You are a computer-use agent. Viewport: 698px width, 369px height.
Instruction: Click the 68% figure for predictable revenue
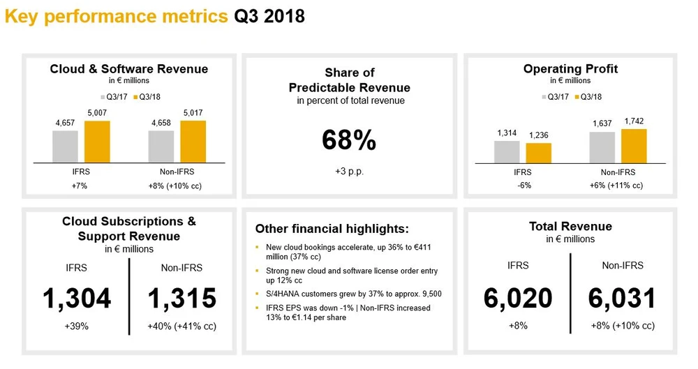pyautogui.click(x=349, y=140)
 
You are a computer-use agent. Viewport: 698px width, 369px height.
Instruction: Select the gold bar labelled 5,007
pyautogui.click(x=97, y=142)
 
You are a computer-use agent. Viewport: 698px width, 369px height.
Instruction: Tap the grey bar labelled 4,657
pyautogui.click(x=65, y=146)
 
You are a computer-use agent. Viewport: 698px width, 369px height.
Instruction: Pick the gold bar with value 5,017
pyautogui.click(x=193, y=142)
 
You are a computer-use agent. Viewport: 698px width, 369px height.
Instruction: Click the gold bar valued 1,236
pyautogui.click(x=539, y=153)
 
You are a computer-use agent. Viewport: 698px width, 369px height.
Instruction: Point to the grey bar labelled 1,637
pyautogui.click(x=602, y=147)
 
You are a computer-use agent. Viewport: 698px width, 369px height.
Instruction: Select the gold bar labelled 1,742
pyautogui.click(x=634, y=146)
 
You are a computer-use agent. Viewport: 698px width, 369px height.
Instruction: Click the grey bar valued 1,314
pyautogui.click(x=507, y=152)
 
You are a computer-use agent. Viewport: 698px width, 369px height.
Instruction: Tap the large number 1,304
pyautogui.click(x=77, y=299)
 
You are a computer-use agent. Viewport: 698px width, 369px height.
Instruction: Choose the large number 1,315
pyautogui.click(x=181, y=299)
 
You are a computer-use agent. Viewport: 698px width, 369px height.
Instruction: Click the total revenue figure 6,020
pyautogui.click(x=518, y=299)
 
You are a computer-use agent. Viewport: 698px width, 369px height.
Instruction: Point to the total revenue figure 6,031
pyautogui.click(x=623, y=299)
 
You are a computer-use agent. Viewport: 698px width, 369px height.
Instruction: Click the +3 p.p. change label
pyautogui.click(x=350, y=172)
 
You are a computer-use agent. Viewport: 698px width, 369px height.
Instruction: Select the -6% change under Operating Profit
pyautogui.click(x=524, y=185)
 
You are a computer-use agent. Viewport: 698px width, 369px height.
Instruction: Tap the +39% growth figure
pyautogui.click(x=77, y=326)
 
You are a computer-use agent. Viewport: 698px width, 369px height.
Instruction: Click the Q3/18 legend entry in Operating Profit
pyautogui.click(x=588, y=96)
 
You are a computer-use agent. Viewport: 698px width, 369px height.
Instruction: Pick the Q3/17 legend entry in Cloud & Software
pyautogui.click(x=114, y=96)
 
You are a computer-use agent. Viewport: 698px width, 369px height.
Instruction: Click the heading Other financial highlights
pyautogui.click(x=332, y=229)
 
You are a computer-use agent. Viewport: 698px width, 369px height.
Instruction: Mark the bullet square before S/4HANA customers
pyautogui.click(x=257, y=294)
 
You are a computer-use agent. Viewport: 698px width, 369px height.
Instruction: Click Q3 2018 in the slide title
pyautogui.click(x=269, y=17)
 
